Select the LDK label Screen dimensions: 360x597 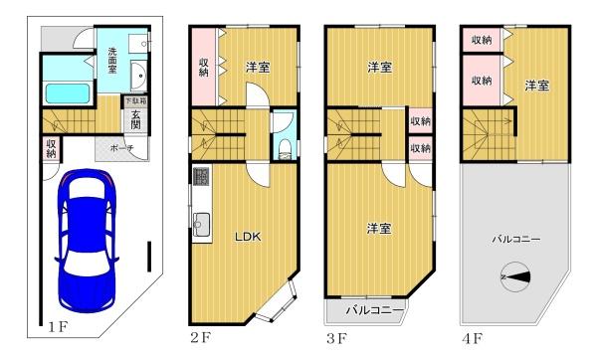(x=249, y=237)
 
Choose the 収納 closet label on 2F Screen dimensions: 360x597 (x=203, y=67)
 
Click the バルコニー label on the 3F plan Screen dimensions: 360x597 (x=375, y=310)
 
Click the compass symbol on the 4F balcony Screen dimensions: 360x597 (x=515, y=276)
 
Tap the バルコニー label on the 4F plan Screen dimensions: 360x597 (x=514, y=240)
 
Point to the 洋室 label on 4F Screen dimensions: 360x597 (x=537, y=86)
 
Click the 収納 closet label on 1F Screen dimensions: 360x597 (x=51, y=148)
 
